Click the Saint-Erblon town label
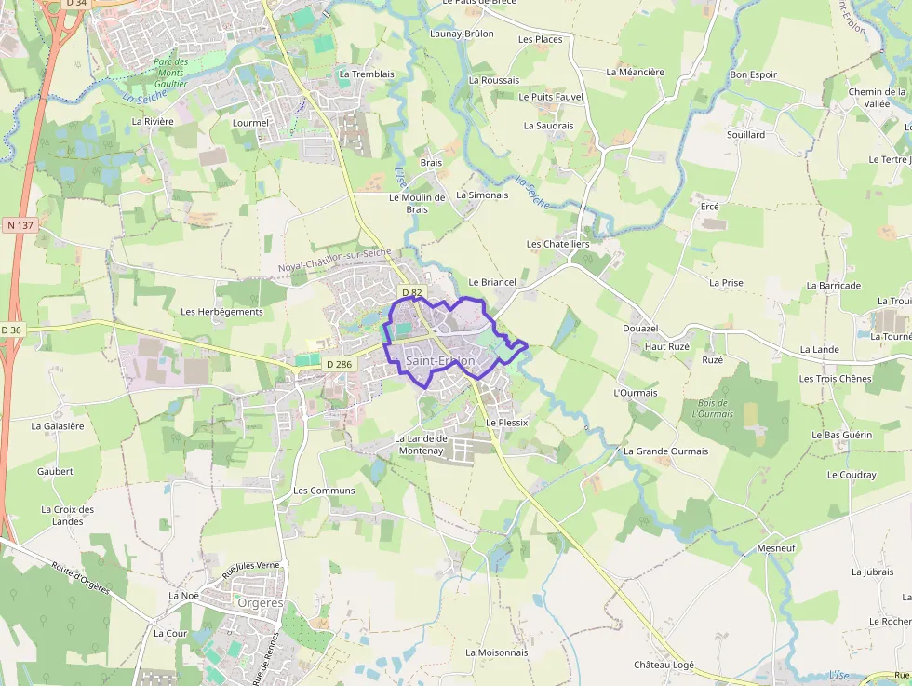coord(440,361)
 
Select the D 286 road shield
coord(339,364)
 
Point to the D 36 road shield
coord(11,330)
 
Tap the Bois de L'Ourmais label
coord(715,409)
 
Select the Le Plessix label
coord(506,422)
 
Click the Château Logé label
coord(664,665)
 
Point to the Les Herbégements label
coord(221,312)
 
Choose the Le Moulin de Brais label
coord(416,203)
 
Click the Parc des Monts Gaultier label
coord(171,73)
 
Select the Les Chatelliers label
coord(557,244)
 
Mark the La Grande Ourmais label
coord(665,451)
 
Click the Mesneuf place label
coord(776,548)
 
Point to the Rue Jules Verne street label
coord(245,572)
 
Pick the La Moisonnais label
coord(496,652)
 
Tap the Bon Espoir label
coord(753,74)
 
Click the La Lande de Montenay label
coord(422,444)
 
